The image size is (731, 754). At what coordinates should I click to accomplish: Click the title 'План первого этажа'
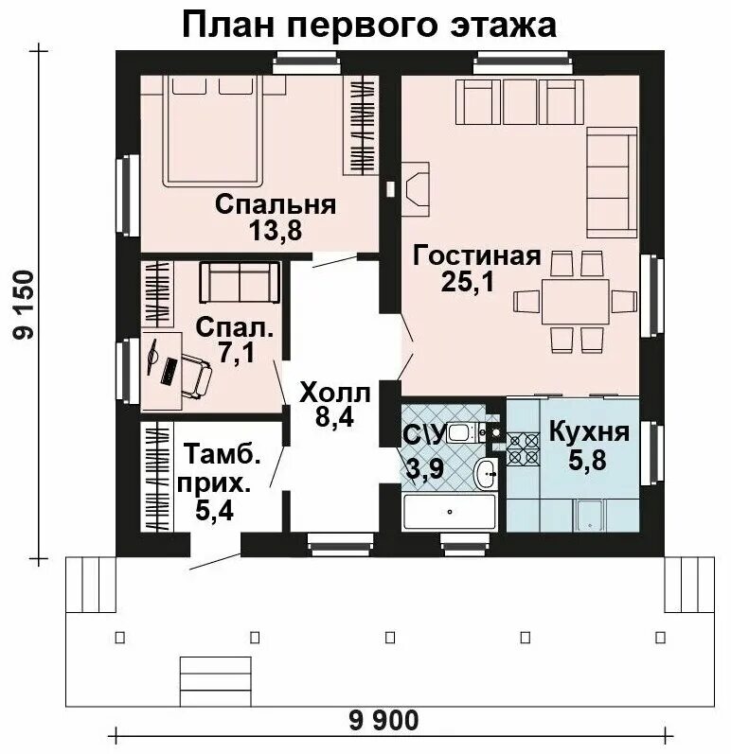(368, 25)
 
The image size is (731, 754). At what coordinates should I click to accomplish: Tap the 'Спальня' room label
(276, 204)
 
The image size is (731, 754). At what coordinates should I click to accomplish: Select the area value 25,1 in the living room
(466, 281)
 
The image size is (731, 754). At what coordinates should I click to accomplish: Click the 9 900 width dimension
(383, 721)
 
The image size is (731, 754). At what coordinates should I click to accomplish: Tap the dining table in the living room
(575, 301)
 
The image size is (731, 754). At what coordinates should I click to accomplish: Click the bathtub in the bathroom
(449, 511)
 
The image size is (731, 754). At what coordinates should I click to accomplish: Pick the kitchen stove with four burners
(523, 448)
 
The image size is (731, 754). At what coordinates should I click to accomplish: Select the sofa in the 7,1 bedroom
(240, 282)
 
